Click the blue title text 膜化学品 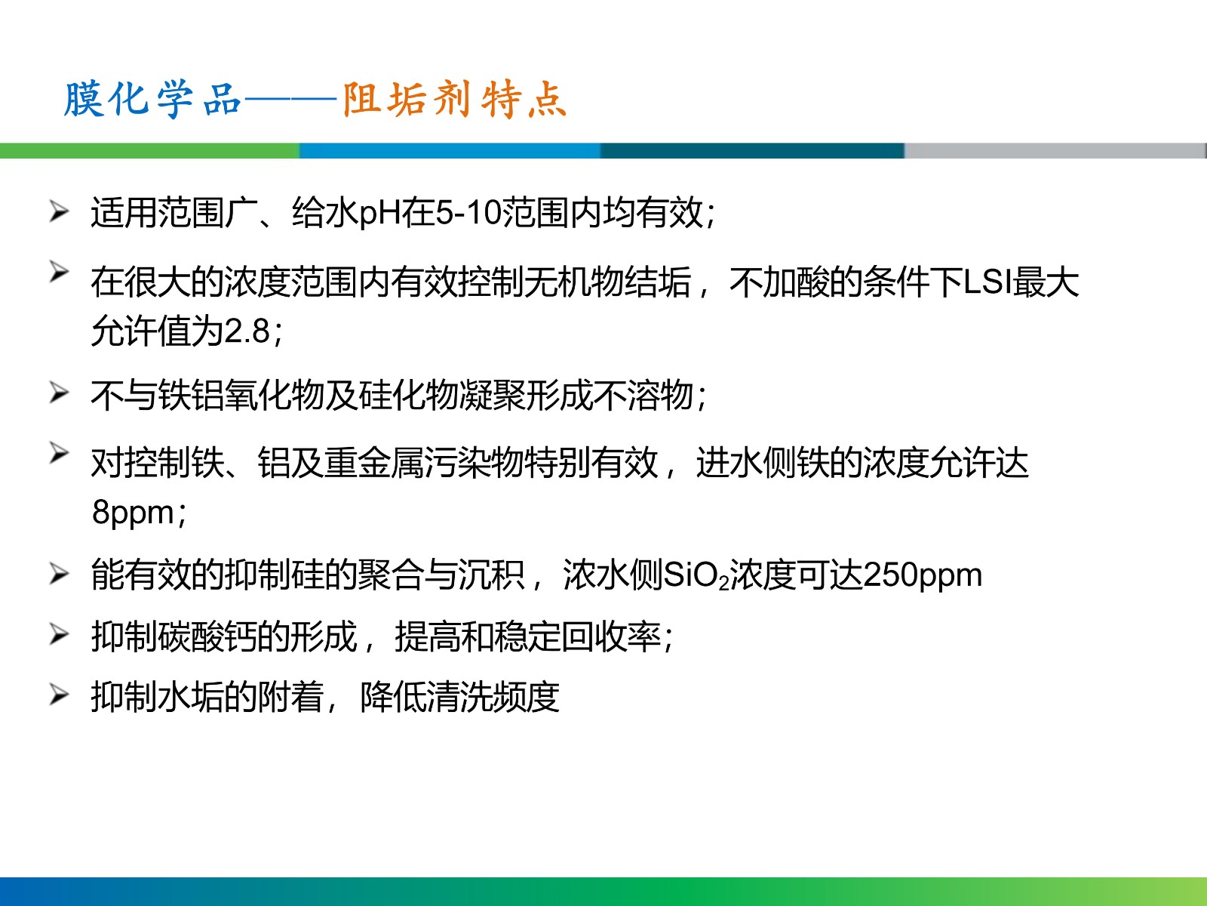(152, 99)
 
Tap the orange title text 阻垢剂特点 (454, 99)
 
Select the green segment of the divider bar (149, 151)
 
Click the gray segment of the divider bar (1055, 151)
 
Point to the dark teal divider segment (752, 151)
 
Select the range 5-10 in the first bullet (468, 213)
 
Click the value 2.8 (247, 331)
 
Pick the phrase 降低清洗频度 (459, 698)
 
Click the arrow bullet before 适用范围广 (59, 212)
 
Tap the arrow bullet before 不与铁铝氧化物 (59, 393)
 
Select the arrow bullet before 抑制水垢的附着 (59, 694)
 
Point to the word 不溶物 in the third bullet (643, 395)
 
